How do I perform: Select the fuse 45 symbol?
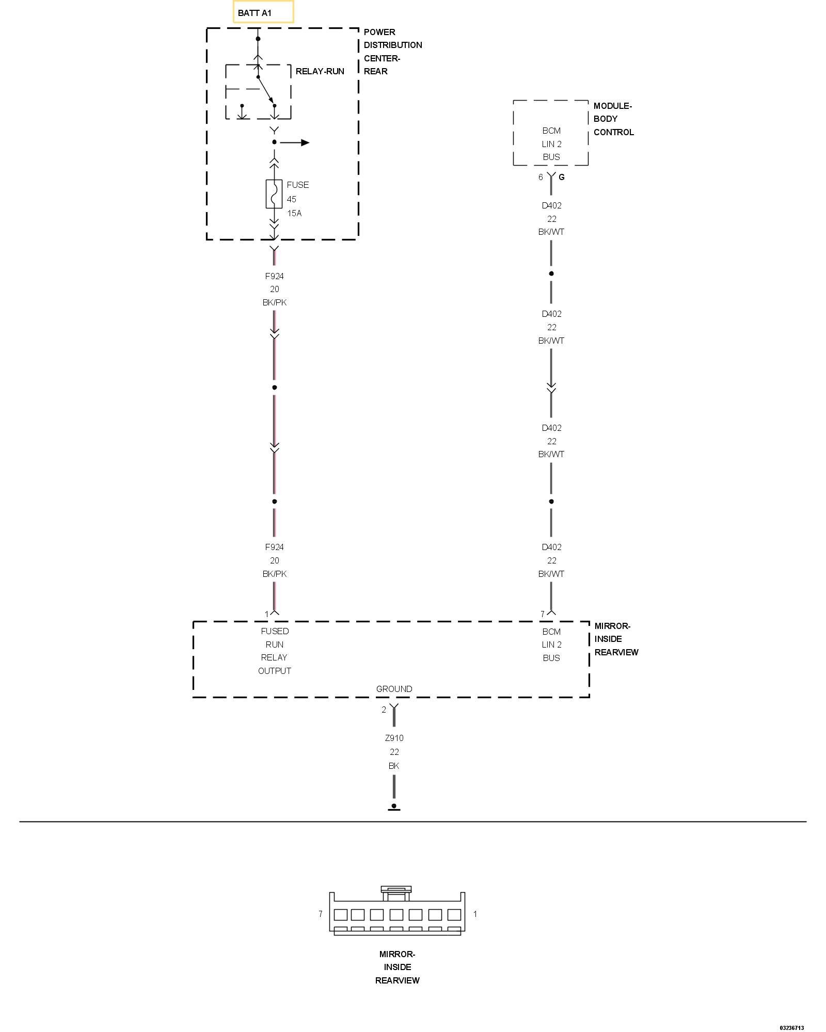click(x=274, y=194)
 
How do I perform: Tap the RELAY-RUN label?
click(x=320, y=71)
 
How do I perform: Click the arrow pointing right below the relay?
click(x=305, y=142)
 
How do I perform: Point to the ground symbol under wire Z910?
click(x=394, y=807)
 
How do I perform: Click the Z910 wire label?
click(x=394, y=738)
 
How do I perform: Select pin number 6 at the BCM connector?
click(x=541, y=177)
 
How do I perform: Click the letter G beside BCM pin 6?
click(x=562, y=177)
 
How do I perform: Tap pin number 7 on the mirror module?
click(x=542, y=614)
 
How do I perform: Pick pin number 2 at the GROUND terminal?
click(x=384, y=709)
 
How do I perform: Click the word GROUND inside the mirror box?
click(x=394, y=689)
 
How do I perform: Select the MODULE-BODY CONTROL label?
click(x=613, y=119)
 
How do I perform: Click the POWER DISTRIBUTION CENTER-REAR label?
click(x=392, y=52)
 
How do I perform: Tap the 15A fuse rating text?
click(x=294, y=213)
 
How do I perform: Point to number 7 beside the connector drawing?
click(x=320, y=914)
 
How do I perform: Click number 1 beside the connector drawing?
click(x=475, y=914)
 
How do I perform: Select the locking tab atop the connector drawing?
click(x=396, y=890)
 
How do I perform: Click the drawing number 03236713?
click(x=791, y=1027)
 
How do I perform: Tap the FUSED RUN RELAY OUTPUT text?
click(x=275, y=651)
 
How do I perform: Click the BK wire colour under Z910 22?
click(x=394, y=766)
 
